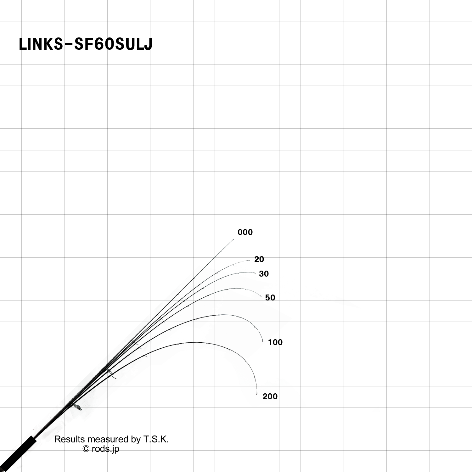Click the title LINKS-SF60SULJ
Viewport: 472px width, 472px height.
(x=86, y=44)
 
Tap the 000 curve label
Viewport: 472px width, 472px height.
(x=245, y=233)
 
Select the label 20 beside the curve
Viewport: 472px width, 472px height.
(x=259, y=260)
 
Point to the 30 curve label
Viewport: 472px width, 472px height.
(x=264, y=274)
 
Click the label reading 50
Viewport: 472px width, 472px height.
(x=270, y=298)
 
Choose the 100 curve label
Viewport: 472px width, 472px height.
(x=275, y=342)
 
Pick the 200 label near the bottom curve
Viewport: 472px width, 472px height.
(x=270, y=396)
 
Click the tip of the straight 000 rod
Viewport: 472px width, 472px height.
(x=233, y=239)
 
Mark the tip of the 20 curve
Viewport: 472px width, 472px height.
(x=249, y=260)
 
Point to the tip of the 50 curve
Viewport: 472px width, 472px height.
(x=261, y=297)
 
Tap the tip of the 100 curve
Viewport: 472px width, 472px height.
(x=263, y=341)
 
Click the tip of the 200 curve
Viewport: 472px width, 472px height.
(x=257, y=394)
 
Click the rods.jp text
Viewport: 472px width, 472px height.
(x=105, y=449)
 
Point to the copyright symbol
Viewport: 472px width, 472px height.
(x=86, y=449)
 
